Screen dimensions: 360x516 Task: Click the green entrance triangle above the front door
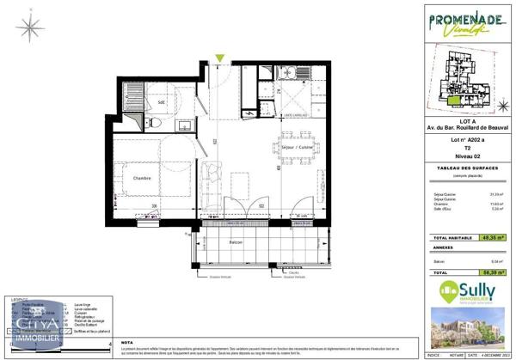pos(221,59)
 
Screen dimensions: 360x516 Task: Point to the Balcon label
pos(236,243)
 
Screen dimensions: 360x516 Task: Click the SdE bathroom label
pos(161,103)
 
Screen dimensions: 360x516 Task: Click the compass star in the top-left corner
pos(31,28)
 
